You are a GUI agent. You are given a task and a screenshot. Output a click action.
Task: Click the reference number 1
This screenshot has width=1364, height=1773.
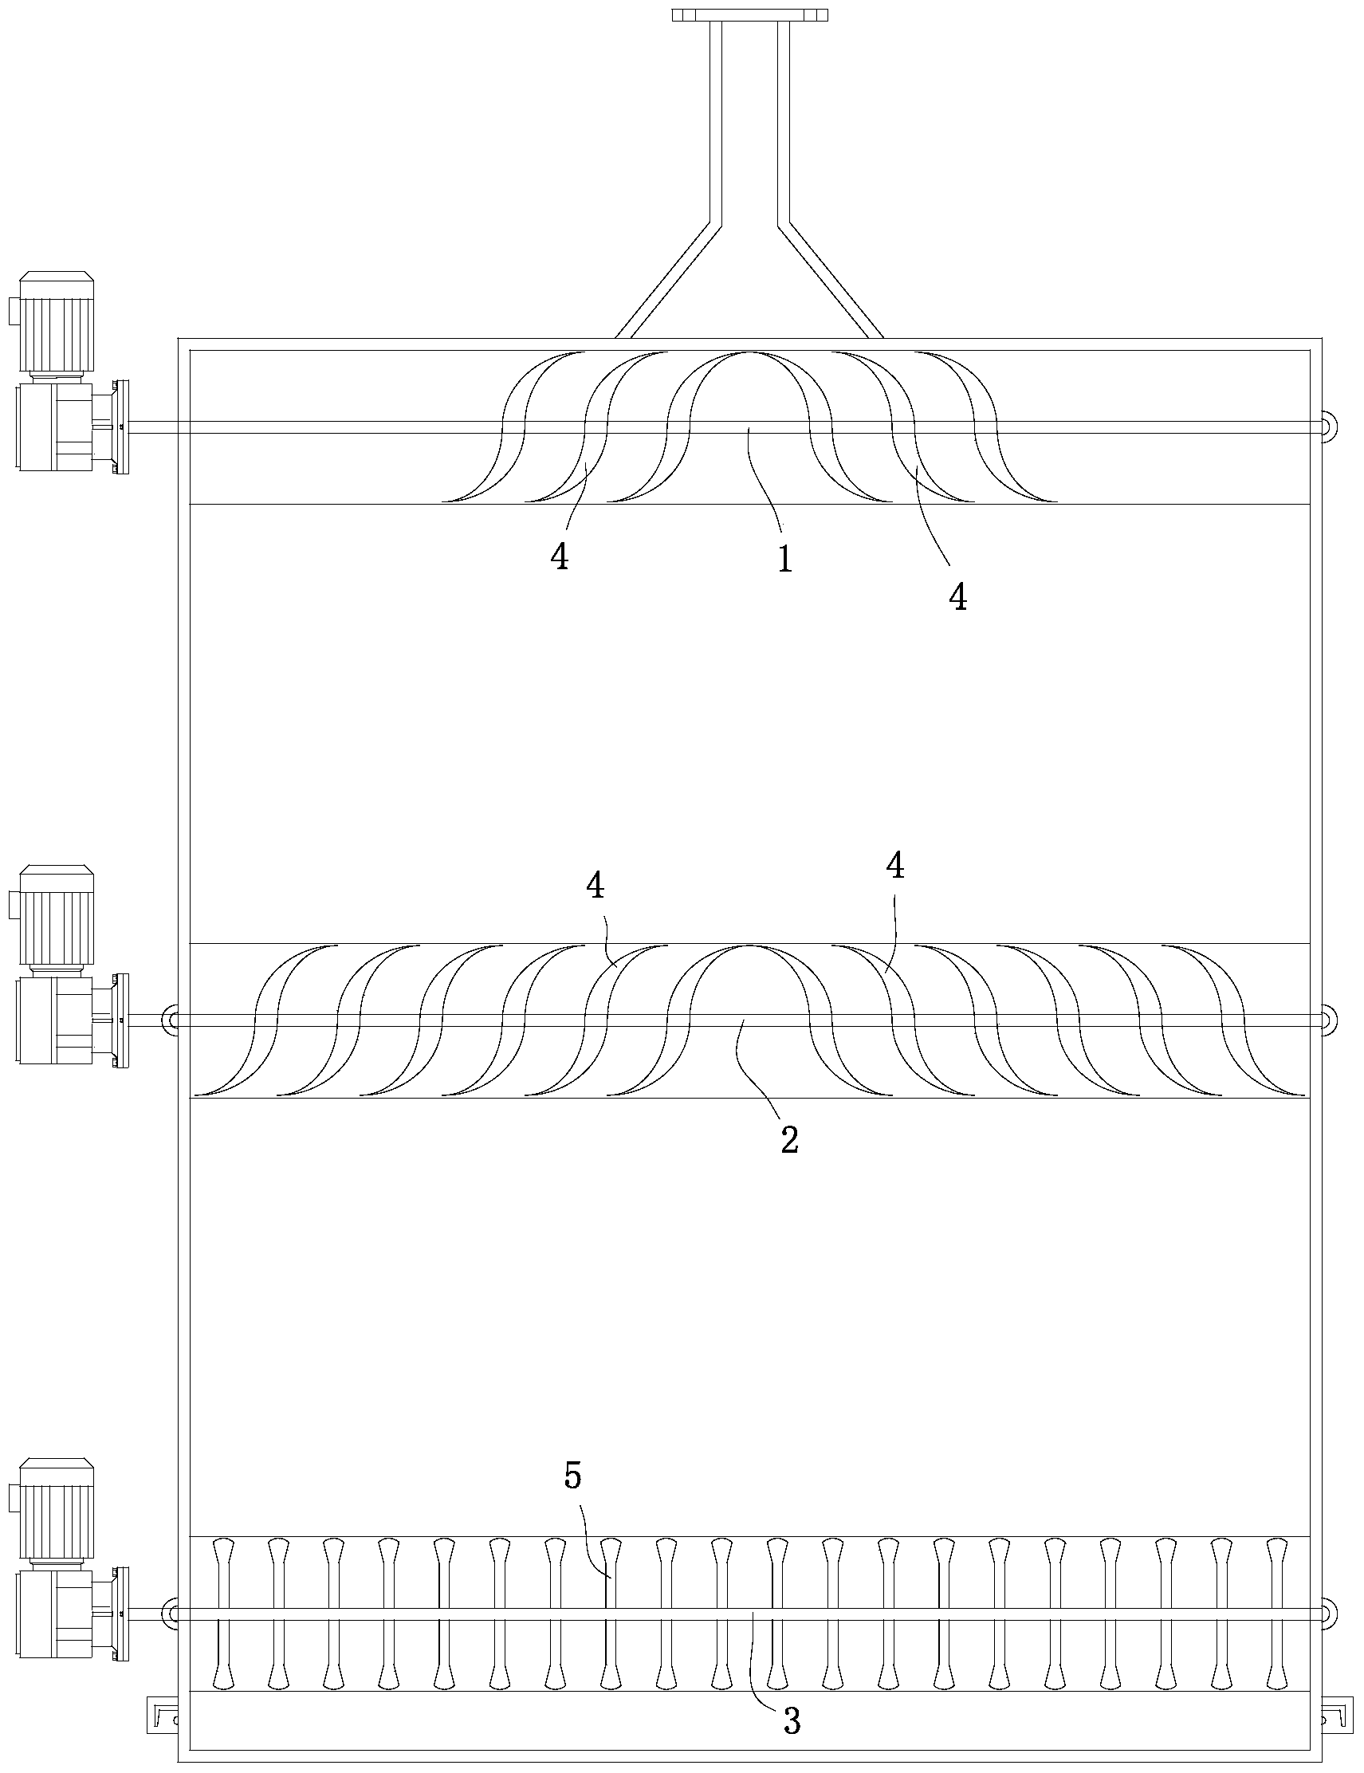pyautogui.click(x=784, y=560)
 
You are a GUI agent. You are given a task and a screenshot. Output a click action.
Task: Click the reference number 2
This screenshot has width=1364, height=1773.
pyautogui.click(x=789, y=1140)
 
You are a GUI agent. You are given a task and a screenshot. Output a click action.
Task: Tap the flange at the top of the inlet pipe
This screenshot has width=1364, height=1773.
pyautogui.click(x=749, y=14)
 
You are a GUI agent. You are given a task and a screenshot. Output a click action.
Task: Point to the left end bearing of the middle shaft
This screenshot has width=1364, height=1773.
pyautogui.click(x=171, y=1020)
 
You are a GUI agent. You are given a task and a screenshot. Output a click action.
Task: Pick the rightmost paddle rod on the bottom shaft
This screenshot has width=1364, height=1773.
pyautogui.click(x=1279, y=1613)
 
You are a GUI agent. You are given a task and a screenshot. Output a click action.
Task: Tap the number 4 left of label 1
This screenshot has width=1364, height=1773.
pyautogui.click(x=560, y=558)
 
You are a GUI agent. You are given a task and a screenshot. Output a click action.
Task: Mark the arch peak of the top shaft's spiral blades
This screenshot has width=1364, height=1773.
pyautogui.click(x=749, y=352)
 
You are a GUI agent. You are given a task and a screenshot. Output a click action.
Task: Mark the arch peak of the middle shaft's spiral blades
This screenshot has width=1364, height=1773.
pyautogui.click(x=749, y=945)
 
